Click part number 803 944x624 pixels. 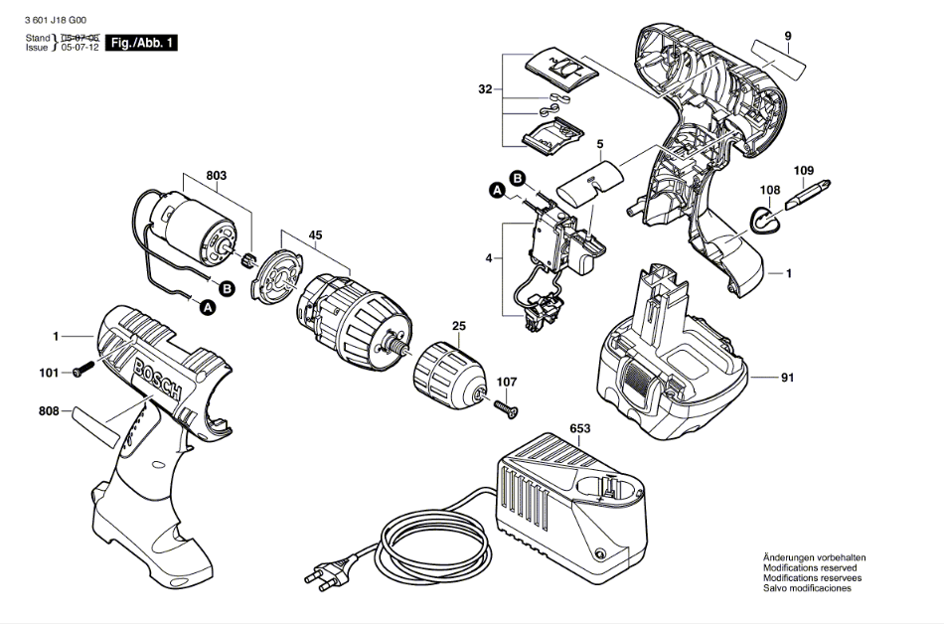217,176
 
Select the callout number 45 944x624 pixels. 315,235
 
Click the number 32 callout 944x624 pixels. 485,89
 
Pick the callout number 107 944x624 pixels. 507,382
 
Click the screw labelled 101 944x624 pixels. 81,372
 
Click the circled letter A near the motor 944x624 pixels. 208,309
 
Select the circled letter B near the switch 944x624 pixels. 518,178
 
